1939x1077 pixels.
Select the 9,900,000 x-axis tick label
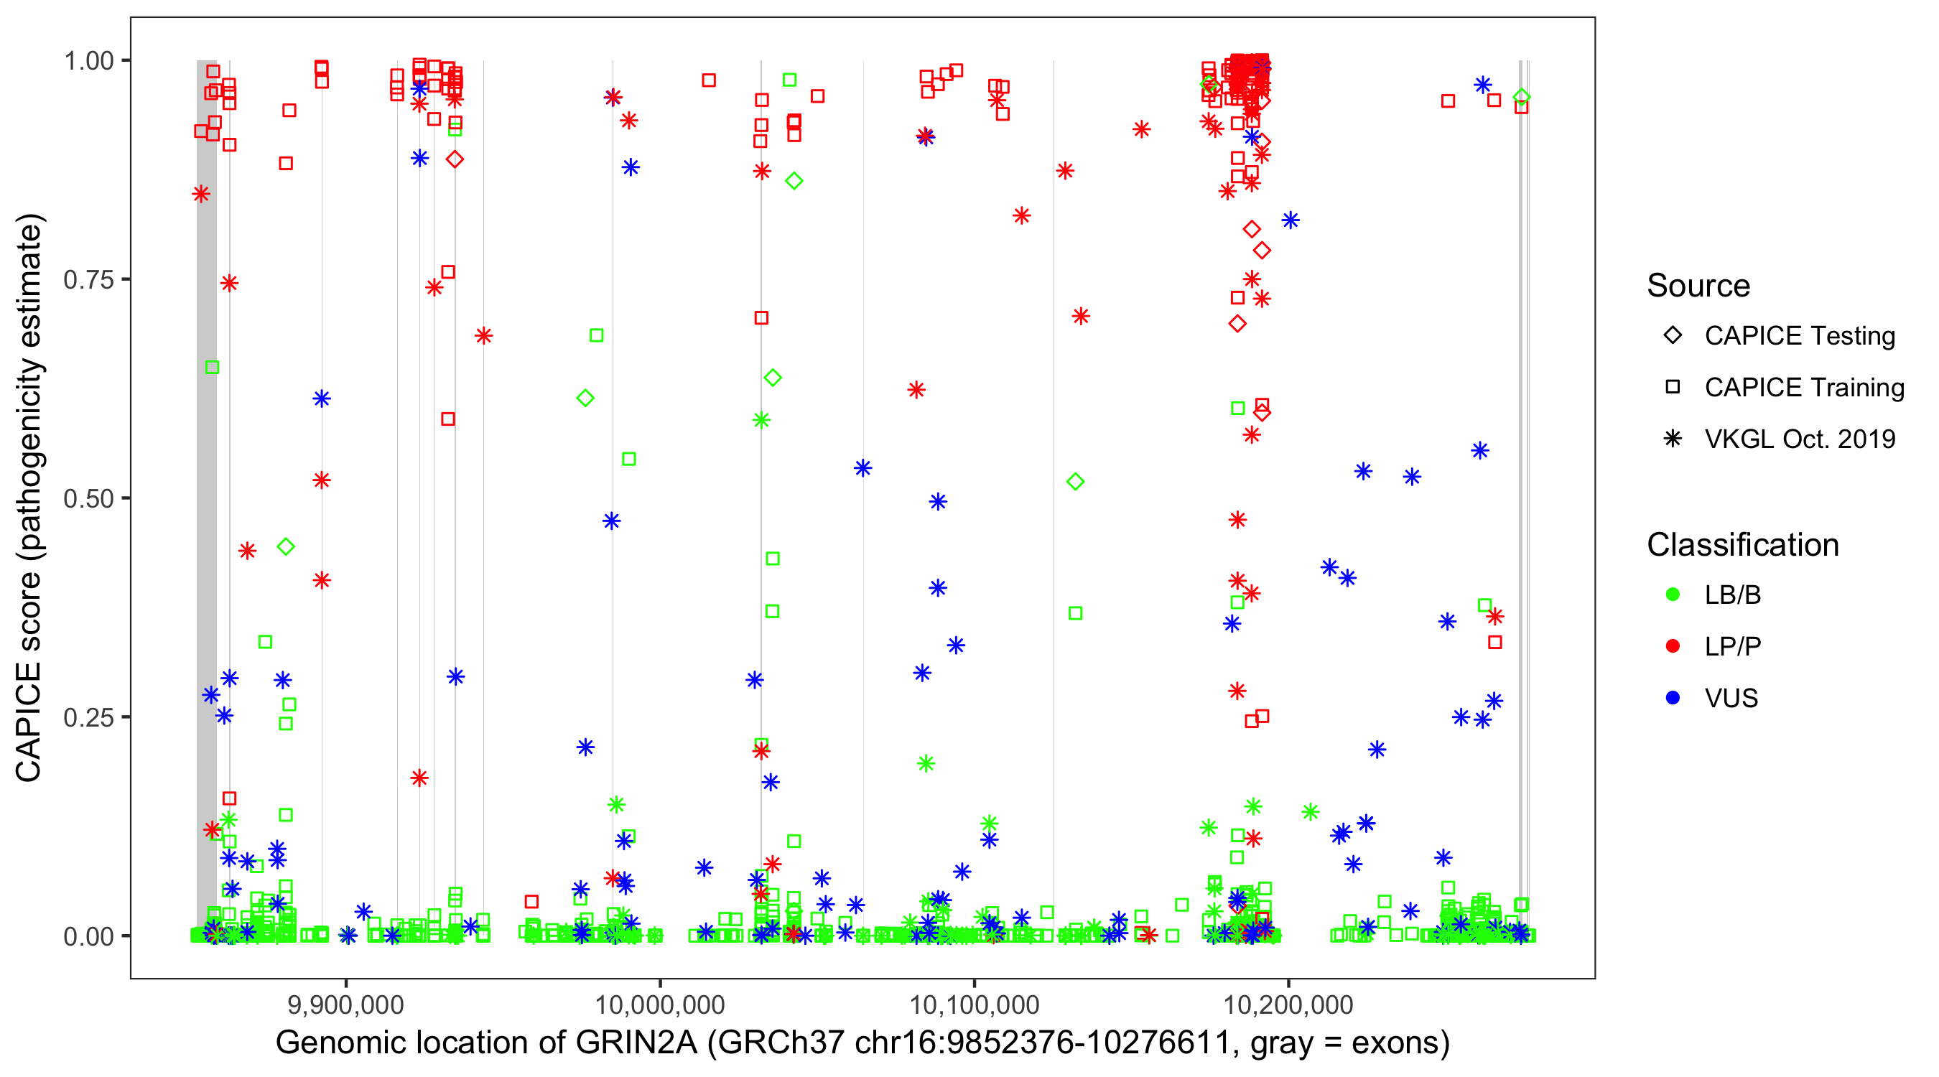pos(345,1004)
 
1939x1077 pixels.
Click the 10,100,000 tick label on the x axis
pos(974,1004)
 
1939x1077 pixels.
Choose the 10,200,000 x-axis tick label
pos(1288,1004)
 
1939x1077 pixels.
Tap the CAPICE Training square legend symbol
pos(1673,388)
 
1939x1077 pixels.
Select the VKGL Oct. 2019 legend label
pos(1799,439)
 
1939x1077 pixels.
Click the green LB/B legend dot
pos(1673,595)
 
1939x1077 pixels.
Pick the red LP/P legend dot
pos(1673,646)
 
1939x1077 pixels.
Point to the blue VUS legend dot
pos(1673,699)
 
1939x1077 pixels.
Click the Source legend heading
pos(1698,286)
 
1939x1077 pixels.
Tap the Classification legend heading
pos(1742,546)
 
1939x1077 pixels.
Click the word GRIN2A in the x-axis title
pos(636,1043)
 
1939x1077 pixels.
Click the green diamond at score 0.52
pos(1076,482)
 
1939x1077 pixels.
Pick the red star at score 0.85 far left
pos(201,194)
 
